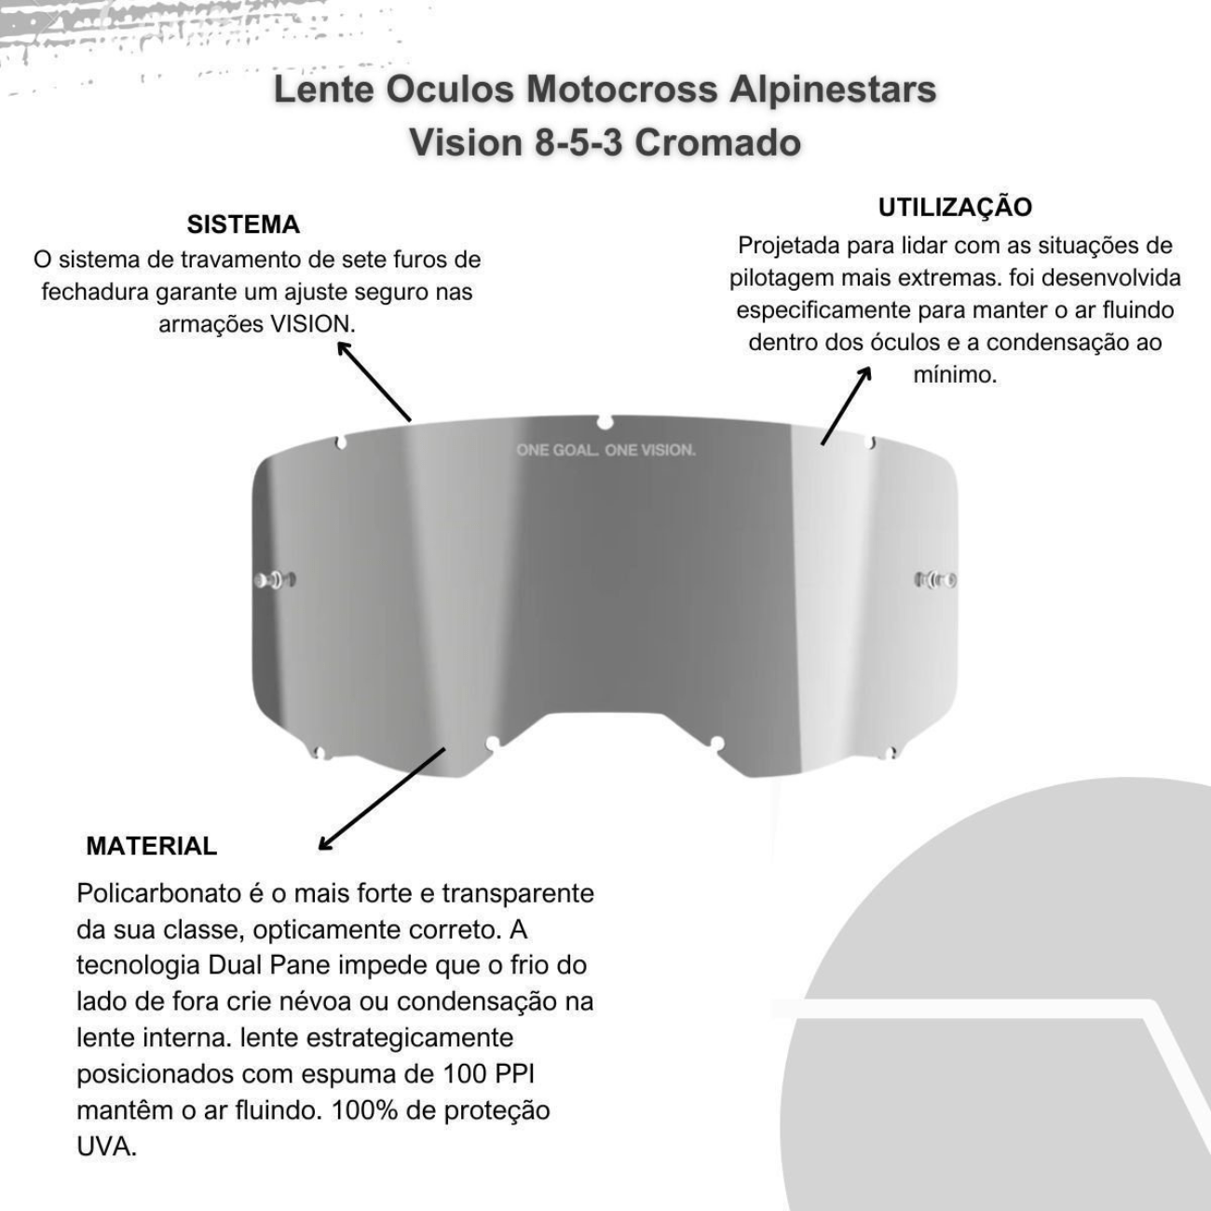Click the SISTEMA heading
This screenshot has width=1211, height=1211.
click(243, 225)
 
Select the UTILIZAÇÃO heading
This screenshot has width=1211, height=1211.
click(955, 207)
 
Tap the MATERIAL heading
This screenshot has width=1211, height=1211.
click(151, 846)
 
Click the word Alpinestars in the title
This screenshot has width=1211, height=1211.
click(833, 90)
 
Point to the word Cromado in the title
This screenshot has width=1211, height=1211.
click(718, 143)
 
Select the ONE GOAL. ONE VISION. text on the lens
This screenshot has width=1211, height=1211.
click(605, 450)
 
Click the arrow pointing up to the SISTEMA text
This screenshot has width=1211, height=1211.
click(373, 381)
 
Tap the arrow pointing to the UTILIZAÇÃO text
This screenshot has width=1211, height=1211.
click(846, 405)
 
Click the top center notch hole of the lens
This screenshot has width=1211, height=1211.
click(605, 423)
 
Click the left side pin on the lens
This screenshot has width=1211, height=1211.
click(275, 580)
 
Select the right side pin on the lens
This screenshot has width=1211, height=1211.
click(936, 580)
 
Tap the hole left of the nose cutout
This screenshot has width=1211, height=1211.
click(493, 742)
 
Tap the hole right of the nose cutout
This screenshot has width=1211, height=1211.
click(716, 742)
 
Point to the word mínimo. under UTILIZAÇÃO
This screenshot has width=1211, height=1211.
click(954, 374)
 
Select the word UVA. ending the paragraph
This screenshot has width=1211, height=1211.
click(106, 1147)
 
